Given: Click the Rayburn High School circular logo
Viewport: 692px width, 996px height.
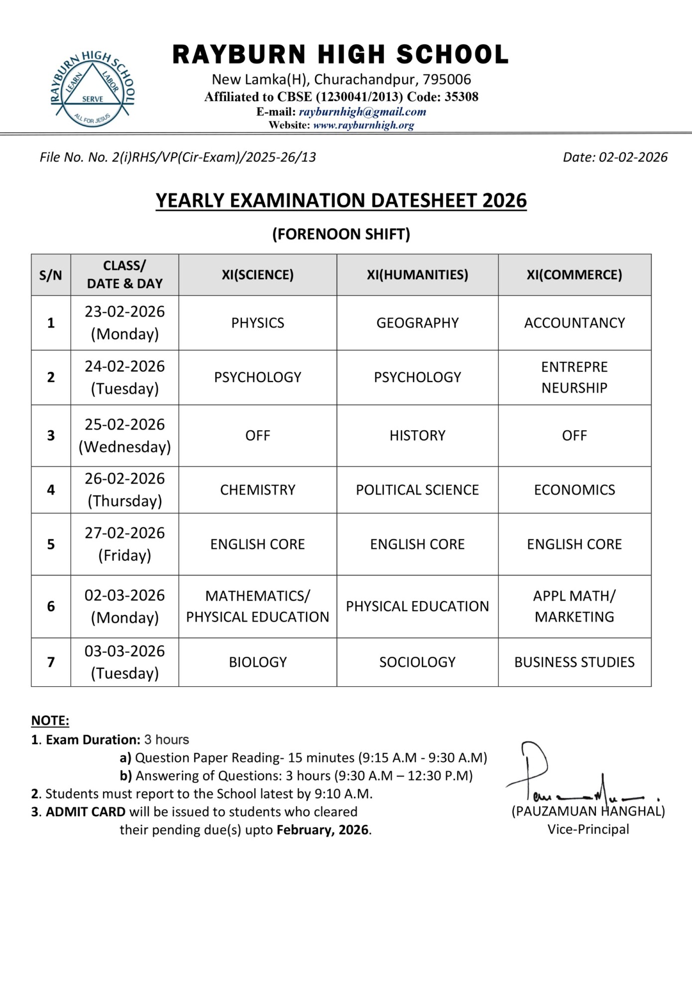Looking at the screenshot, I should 93,89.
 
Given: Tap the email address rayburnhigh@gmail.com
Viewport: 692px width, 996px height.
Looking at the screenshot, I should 362,112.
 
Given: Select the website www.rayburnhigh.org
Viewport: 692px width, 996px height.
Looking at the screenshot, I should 363,125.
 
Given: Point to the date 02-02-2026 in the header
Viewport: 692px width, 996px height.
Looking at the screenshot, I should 632,157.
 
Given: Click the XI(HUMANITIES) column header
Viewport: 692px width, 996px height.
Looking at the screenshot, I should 417,275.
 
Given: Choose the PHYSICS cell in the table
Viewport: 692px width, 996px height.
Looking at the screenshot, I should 257,323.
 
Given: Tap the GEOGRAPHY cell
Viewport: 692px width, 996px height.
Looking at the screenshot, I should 417,323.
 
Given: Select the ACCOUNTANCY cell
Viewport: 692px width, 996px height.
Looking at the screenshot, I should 574,323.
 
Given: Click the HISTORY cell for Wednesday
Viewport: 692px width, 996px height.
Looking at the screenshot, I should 417,435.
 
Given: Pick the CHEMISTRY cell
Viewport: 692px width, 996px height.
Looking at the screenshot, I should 257,490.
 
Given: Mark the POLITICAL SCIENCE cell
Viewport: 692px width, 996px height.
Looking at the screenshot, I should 417,490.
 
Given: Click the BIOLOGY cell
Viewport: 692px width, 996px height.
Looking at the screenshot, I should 257,662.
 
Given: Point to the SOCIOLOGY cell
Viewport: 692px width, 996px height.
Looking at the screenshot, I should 417,662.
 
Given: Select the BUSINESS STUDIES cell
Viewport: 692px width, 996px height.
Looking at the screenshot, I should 574,662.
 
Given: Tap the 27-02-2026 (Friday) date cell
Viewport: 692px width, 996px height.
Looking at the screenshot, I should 124,544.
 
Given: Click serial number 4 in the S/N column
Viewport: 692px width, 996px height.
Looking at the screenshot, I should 51,490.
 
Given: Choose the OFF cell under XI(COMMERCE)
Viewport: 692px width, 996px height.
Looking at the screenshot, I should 574,435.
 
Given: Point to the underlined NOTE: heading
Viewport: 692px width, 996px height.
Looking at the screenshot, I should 50,721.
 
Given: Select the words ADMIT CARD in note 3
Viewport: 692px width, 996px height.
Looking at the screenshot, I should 86,812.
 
